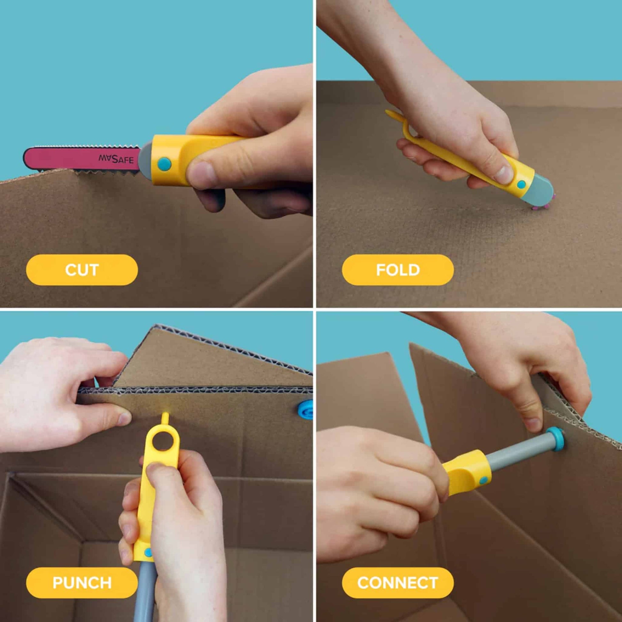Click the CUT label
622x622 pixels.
point(82,270)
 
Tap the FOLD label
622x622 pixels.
point(398,270)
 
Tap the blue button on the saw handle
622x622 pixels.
point(165,164)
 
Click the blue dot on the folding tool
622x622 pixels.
point(521,184)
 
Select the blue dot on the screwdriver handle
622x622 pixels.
point(483,480)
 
